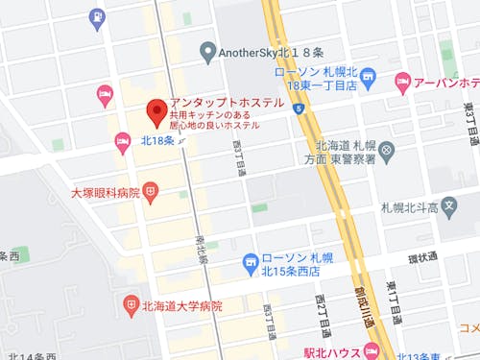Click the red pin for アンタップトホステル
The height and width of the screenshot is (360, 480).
(154, 113)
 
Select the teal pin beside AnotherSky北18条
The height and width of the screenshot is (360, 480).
(206, 52)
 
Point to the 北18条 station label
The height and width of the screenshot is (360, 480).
(156, 140)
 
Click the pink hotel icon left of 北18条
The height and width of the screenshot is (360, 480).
(123, 141)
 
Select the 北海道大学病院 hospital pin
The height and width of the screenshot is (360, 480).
(132, 305)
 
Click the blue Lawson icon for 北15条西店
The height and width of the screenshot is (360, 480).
(251, 260)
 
